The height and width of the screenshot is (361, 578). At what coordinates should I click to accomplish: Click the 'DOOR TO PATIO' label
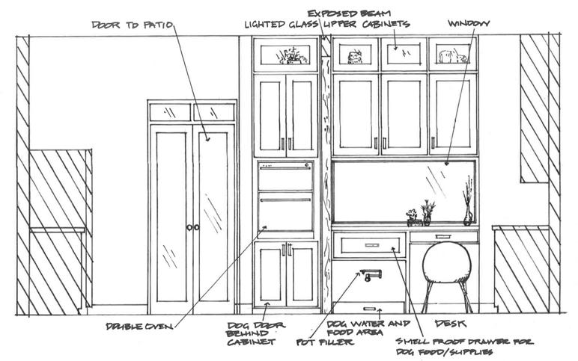coord(133,25)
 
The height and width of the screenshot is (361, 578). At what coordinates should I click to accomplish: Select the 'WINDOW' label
coord(468,24)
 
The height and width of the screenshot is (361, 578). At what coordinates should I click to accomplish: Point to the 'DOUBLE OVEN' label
coord(139,326)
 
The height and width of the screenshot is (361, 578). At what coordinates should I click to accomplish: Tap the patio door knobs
coord(193,226)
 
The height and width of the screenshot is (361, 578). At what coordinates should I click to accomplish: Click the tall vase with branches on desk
coord(468,204)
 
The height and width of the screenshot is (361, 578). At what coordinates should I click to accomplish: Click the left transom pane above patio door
coord(170,112)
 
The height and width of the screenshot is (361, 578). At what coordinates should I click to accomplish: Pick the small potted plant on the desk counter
coord(412,217)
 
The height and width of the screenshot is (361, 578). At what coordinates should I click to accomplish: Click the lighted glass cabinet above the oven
coord(285,55)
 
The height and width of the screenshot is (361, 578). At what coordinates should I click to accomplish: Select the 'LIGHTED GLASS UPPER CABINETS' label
coord(326,25)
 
